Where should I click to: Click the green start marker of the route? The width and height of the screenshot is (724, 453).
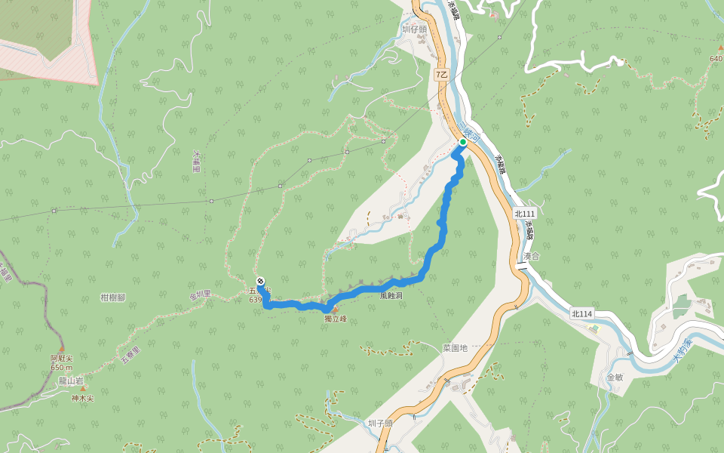tap(462, 141)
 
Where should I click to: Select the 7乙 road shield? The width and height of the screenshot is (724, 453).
tap(442, 75)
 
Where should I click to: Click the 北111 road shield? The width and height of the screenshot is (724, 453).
tap(524, 214)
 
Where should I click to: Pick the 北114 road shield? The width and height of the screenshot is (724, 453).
tap(581, 313)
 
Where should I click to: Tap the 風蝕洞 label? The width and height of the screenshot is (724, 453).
tap(392, 296)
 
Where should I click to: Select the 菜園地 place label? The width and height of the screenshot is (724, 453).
tap(455, 348)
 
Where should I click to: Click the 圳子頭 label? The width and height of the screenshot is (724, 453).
tap(380, 424)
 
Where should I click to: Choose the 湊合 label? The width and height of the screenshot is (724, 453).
tap(531, 256)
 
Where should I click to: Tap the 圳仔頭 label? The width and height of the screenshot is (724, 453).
tap(414, 29)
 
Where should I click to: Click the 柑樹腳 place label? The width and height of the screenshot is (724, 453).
tap(112, 297)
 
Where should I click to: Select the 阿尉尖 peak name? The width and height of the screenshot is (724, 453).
tap(61, 358)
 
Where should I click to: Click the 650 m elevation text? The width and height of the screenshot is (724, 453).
tap(61, 367)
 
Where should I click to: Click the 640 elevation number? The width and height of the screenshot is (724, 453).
tap(716, 59)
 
